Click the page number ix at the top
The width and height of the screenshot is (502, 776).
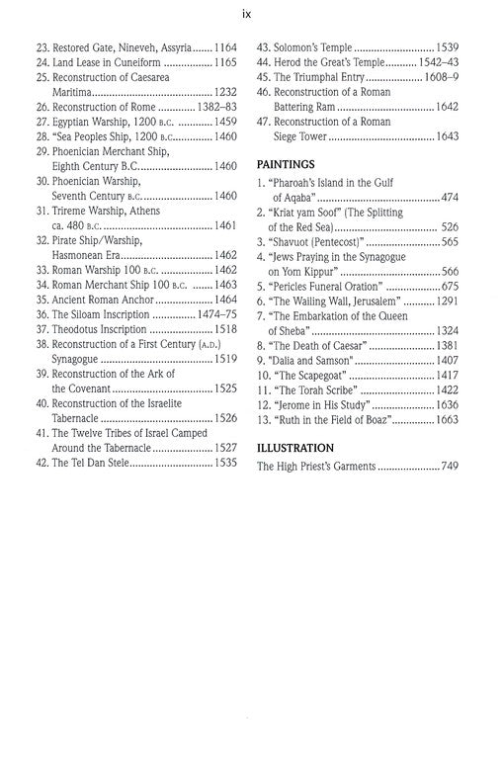(x=251, y=14)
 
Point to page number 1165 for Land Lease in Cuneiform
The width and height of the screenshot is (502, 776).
(x=227, y=64)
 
